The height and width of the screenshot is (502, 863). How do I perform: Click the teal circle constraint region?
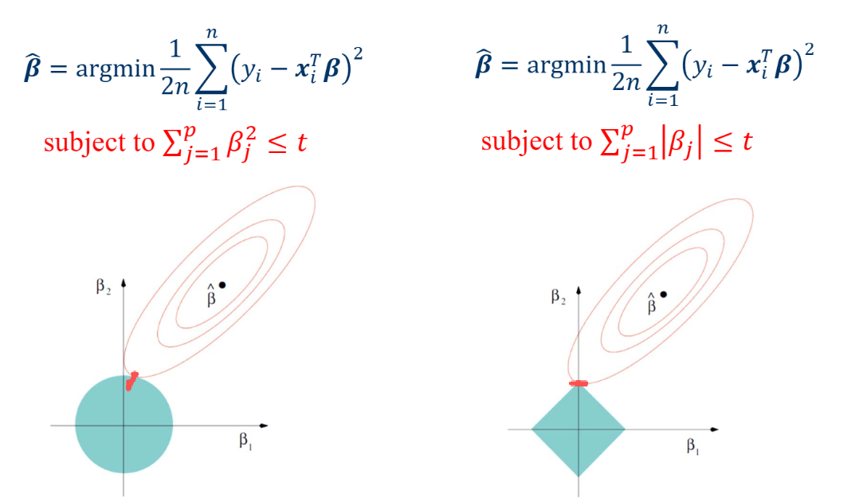point(124,425)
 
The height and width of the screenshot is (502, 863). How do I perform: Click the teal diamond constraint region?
point(579,429)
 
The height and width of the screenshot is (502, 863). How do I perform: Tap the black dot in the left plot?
point(222,284)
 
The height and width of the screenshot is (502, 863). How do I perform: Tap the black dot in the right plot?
point(664,295)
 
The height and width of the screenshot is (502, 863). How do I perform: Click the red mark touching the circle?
point(131,381)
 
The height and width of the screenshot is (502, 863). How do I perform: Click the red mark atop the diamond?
point(579,383)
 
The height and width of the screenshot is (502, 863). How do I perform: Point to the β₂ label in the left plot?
point(104,287)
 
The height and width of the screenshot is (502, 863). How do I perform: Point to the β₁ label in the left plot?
point(245,441)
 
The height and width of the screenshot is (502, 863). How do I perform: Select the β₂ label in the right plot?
point(558,297)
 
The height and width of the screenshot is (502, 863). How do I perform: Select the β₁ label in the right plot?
point(693,445)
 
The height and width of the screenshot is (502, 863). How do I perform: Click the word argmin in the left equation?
point(116,69)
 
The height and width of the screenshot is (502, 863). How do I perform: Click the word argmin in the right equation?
point(567,65)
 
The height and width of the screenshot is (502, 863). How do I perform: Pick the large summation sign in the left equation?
point(212,69)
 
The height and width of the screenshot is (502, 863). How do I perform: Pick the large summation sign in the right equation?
point(663,65)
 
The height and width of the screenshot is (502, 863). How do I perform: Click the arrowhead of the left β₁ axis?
point(264,426)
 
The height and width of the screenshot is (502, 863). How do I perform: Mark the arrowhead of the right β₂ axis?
point(579,291)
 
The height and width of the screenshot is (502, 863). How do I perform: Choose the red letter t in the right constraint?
point(747,142)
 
